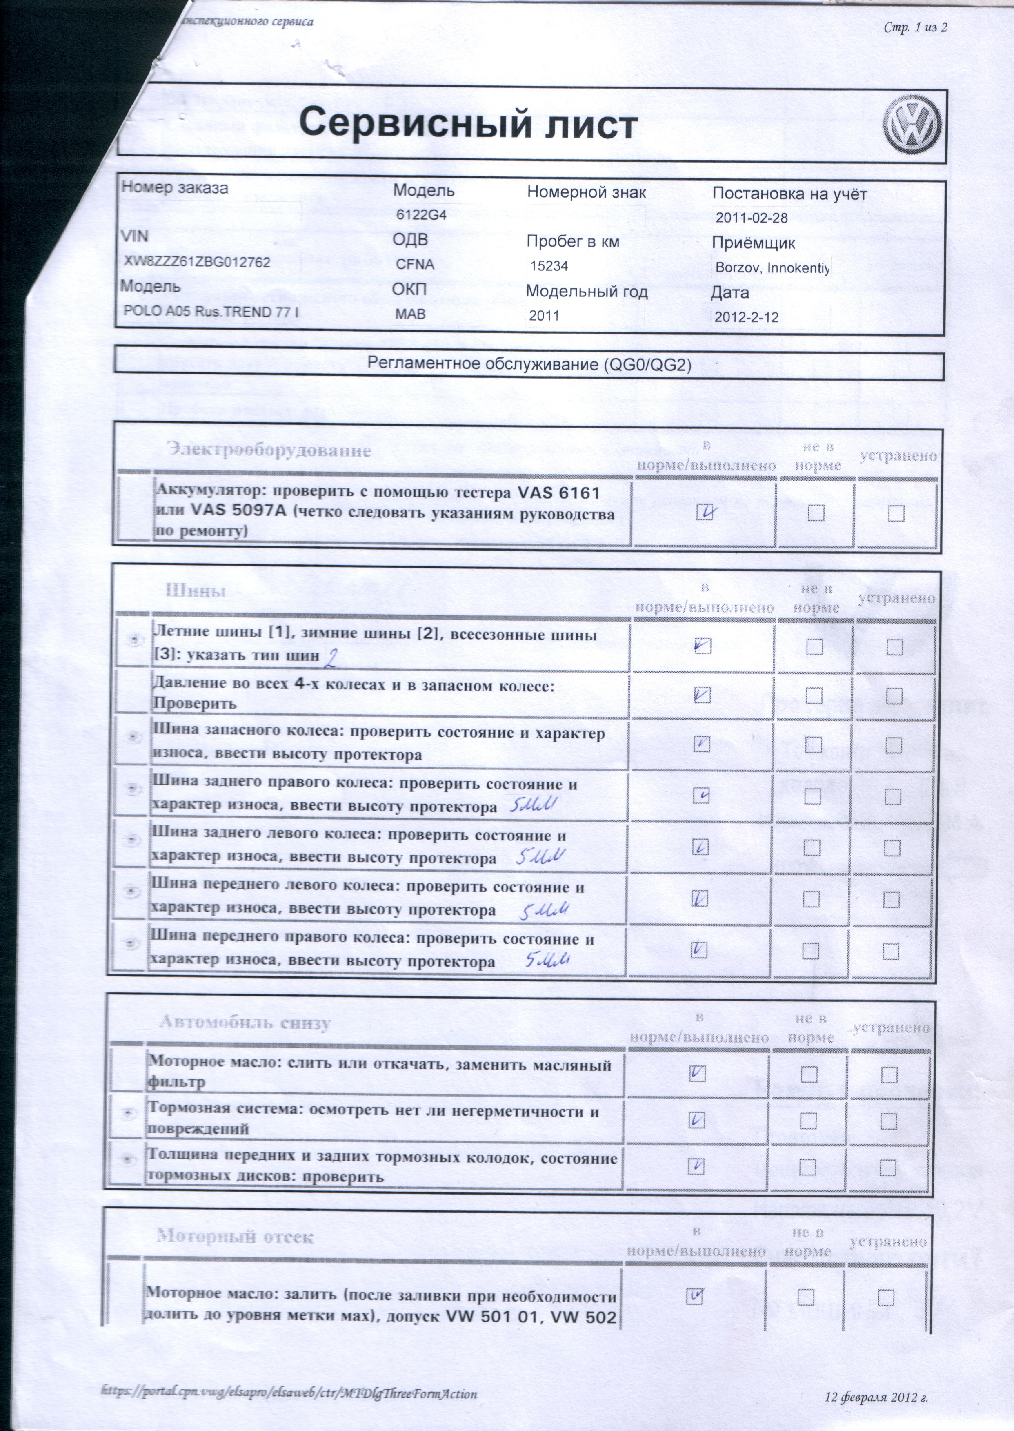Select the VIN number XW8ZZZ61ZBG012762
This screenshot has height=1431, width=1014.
[x=197, y=262]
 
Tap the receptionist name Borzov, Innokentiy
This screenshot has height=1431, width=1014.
[x=772, y=268]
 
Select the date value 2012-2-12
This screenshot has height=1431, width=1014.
[x=746, y=317]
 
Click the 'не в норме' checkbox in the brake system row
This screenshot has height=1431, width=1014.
[x=808, y=1121]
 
